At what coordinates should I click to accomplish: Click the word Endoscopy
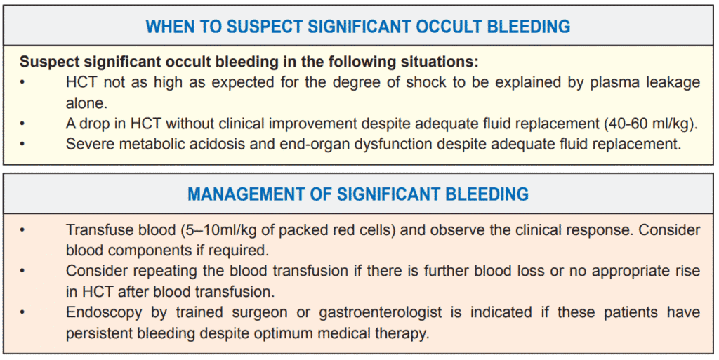(104, 313)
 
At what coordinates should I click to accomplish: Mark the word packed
(302, 230)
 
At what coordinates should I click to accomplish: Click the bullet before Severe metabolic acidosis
(22, 145)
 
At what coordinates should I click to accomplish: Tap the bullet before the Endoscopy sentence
(22, 313)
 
